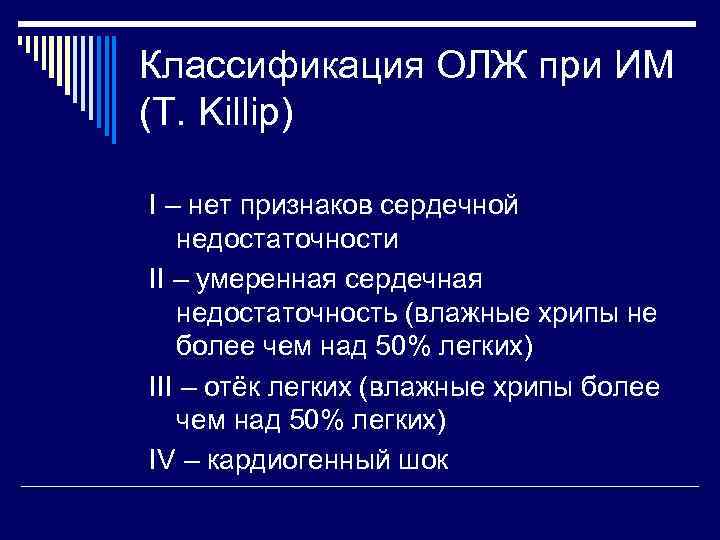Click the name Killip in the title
[237, 112]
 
